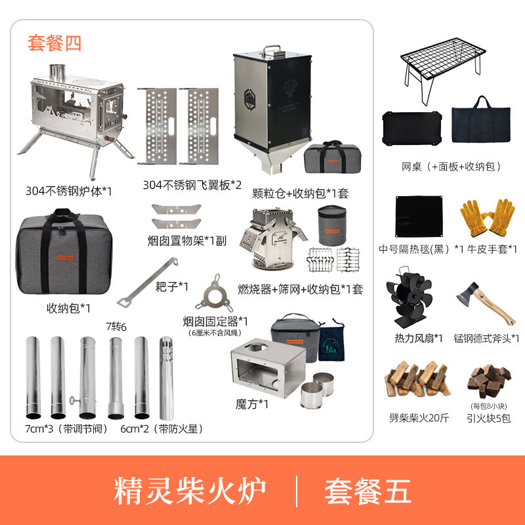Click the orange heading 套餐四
(x=54, y=43)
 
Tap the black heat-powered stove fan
(x=408, y=297)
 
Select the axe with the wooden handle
(x=486, y=303)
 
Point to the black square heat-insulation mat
(x=419, y=217)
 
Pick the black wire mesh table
(x=442, y=69)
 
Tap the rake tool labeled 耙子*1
(x=147, y=282)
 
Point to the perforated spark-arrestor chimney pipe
(x=167, y=378)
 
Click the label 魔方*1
(x=252, y=404)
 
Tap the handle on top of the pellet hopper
(x=272, y=50)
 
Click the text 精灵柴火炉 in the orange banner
(x=190, y=491)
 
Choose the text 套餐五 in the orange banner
(x=367, y=491)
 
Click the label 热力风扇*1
(x=419, y=339)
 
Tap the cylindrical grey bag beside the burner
(x=332, y=226)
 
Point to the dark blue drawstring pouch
(x=331, y=341)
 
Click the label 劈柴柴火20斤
(x=419, y=418)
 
